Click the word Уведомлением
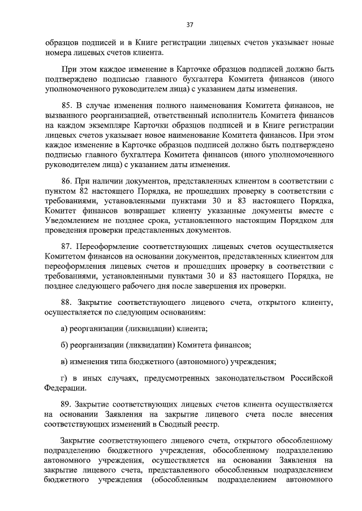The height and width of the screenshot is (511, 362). [x=70, y=221]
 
